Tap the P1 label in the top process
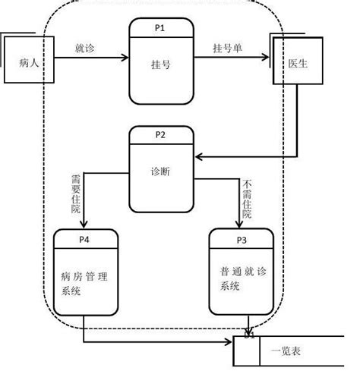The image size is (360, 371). tap(159, 27)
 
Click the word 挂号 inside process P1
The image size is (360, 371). tap(159, 64)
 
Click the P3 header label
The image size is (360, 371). tap(242, 240)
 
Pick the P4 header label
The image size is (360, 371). tap(86, 240)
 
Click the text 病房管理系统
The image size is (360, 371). tap(85, 278)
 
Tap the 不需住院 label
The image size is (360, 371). tap(246, 199)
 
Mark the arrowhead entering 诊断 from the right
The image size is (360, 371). tap(199, 157)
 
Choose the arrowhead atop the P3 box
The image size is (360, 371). tap(236, 225)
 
